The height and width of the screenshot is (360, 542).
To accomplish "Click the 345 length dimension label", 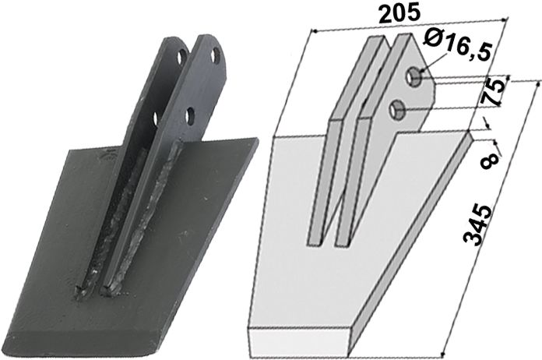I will click(x=480, y=225).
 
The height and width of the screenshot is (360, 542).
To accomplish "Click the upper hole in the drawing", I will click(x=417, y=77).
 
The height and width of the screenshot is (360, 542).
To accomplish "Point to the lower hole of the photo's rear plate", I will click(x=157, y=118).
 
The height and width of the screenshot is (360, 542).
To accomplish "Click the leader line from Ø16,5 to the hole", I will click(x=426, y=63).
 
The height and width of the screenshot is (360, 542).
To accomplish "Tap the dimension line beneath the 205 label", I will click(x=405, y=29).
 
